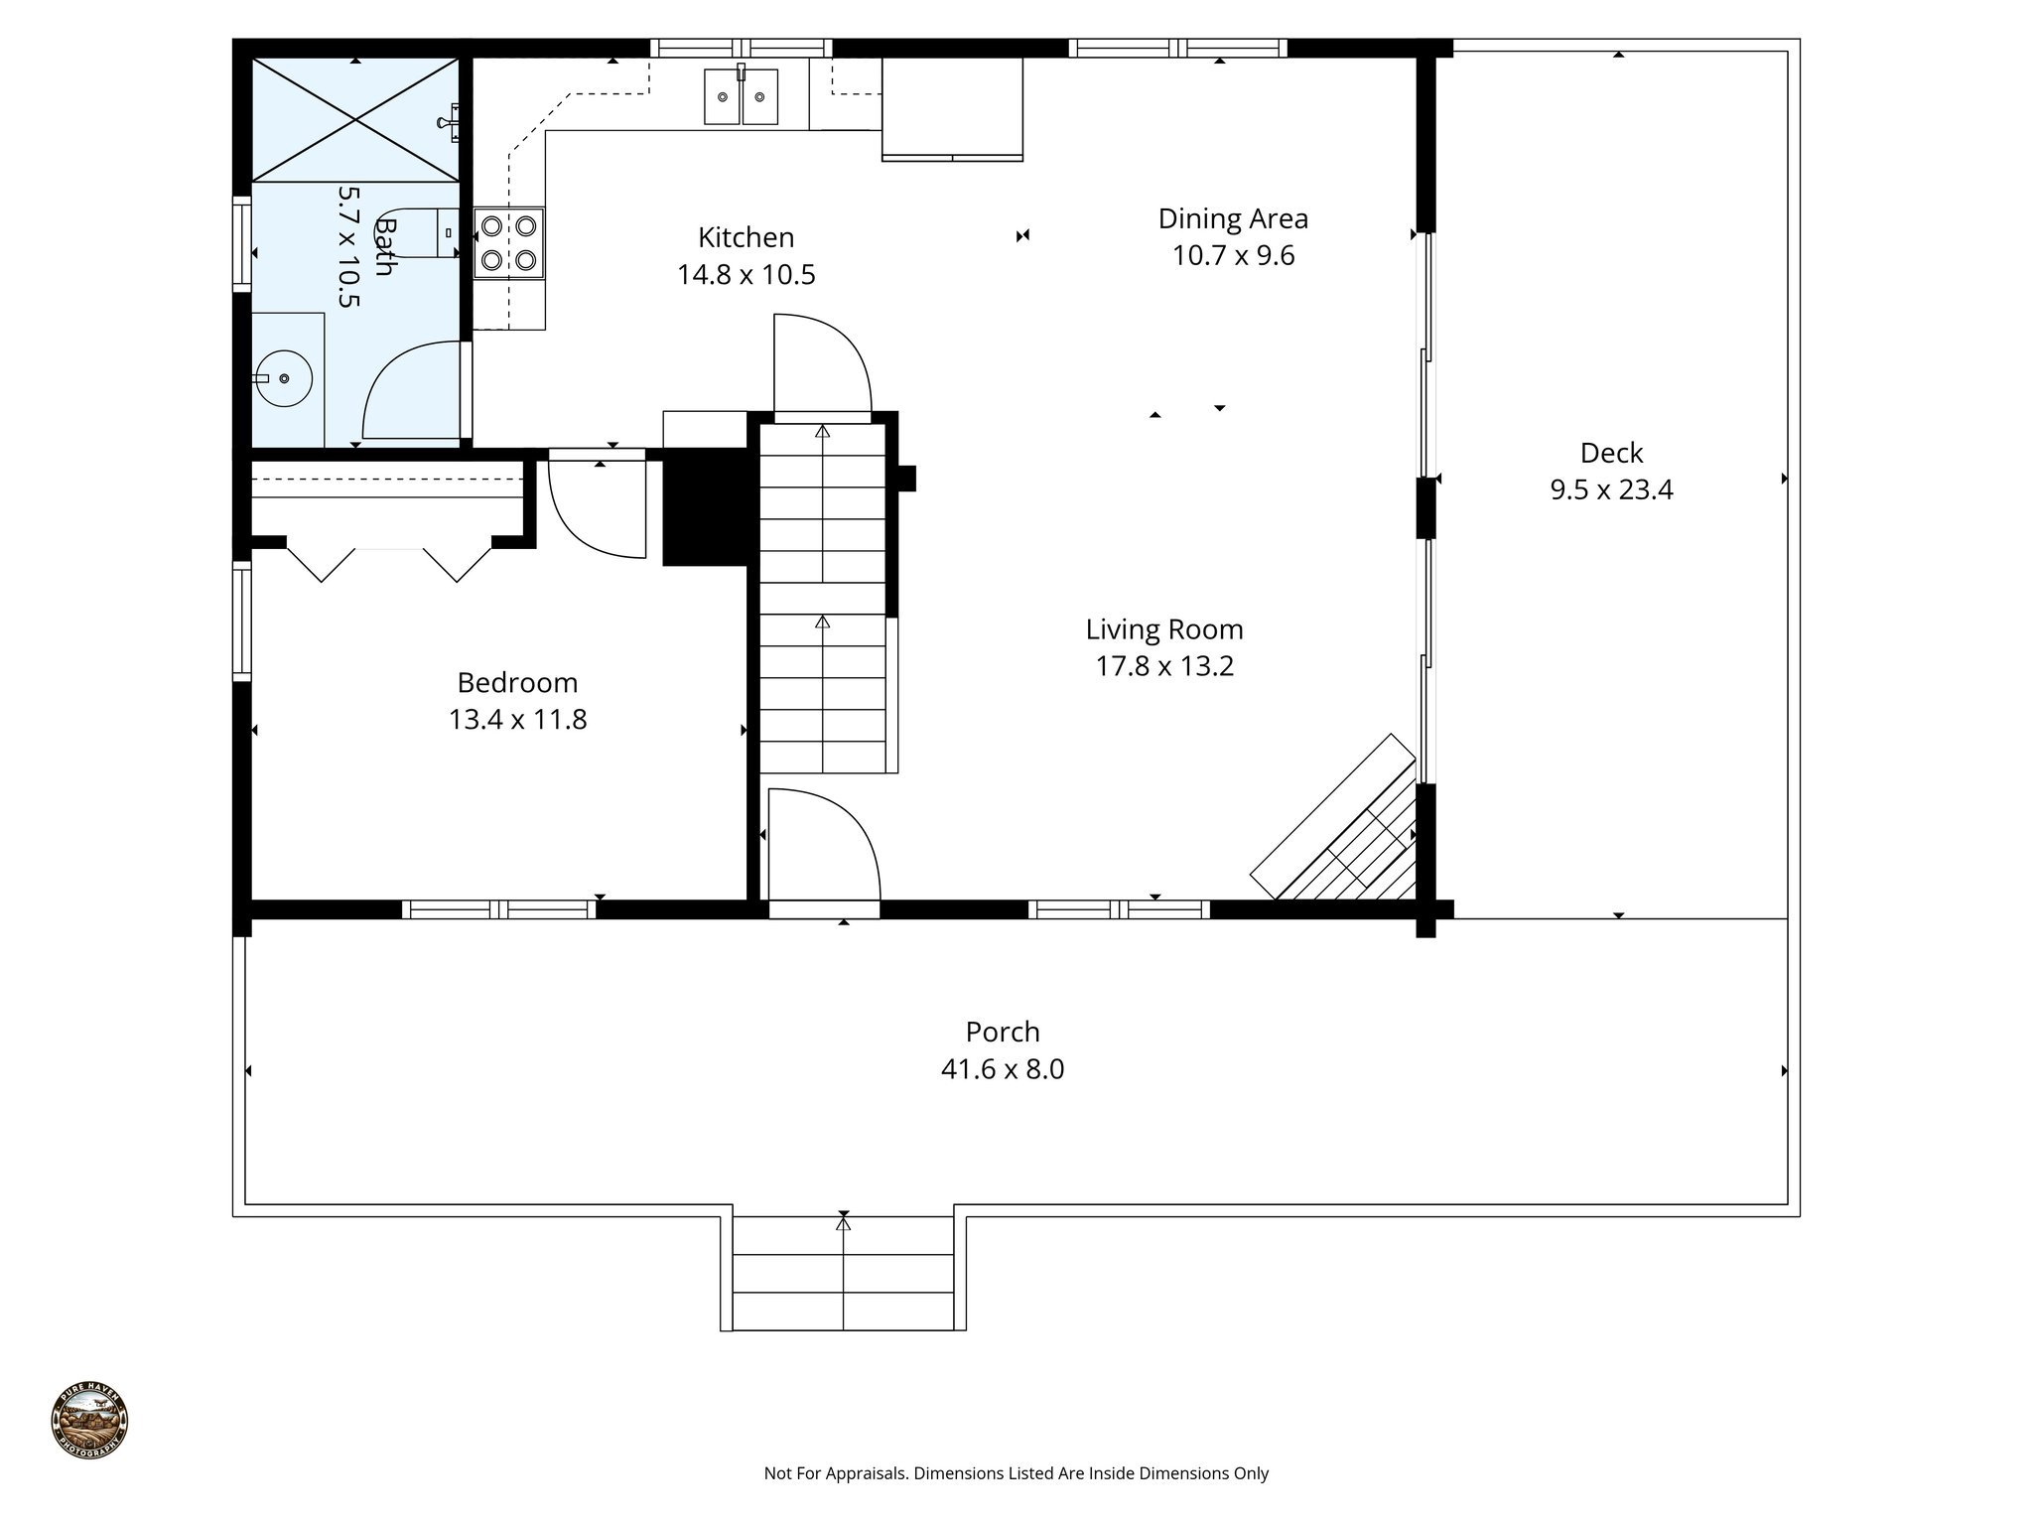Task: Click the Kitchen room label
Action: (x=745, y=237)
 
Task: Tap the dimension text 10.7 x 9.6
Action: (x=1233, y=256)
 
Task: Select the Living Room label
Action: (x=1163, y=629)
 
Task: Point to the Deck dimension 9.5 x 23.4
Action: (x=1611, y=490)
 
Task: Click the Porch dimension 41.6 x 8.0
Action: (x=1003, y=1070)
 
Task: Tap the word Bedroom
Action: (x=517, y=683)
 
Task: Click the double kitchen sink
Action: (x=742, y=96)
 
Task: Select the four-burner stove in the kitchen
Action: (x=508, y=243)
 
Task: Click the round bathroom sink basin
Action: (x=285, y=378)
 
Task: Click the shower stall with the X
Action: (x=355, y=120)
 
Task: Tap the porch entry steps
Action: (x=843, y=1276)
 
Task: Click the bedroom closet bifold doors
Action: (x=388, y=562)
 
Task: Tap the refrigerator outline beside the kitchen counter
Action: (x=952, y=107)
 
